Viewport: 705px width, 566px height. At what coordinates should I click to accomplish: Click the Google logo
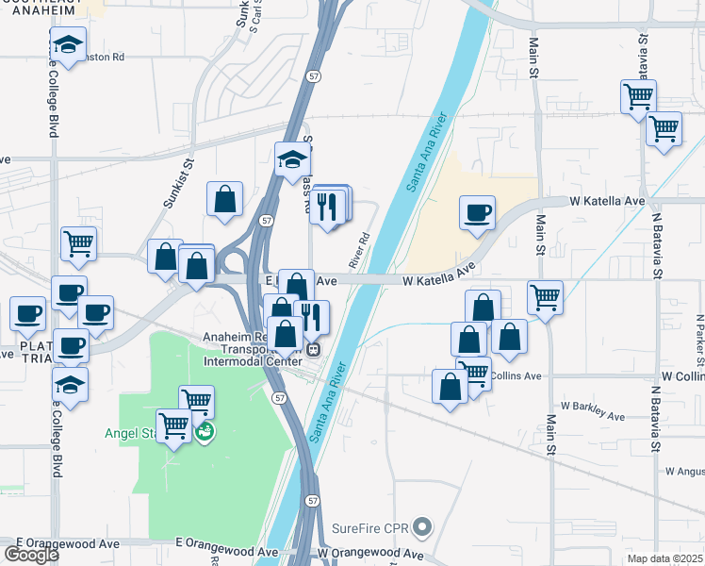coord(31,554)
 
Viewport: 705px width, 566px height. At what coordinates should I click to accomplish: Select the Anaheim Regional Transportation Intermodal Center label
coord(256,346)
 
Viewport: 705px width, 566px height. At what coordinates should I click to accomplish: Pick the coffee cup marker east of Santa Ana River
coord(478,212)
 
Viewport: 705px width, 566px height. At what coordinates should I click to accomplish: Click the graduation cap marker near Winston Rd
coord(67,43)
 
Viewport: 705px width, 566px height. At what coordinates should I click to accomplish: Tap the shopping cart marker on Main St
coord(545,297)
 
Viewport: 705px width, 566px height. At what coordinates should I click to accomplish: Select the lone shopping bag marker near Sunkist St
coord(224,199)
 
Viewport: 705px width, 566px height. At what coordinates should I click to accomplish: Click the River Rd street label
coord(358,249)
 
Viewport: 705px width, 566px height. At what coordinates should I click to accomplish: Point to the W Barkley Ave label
coord(592,411)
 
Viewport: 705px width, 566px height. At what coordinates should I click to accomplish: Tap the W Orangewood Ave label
coord(370,554)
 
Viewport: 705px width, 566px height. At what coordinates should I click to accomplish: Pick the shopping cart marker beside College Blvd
coord(79,243)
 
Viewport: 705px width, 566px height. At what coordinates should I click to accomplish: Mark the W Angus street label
coord(684,471)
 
